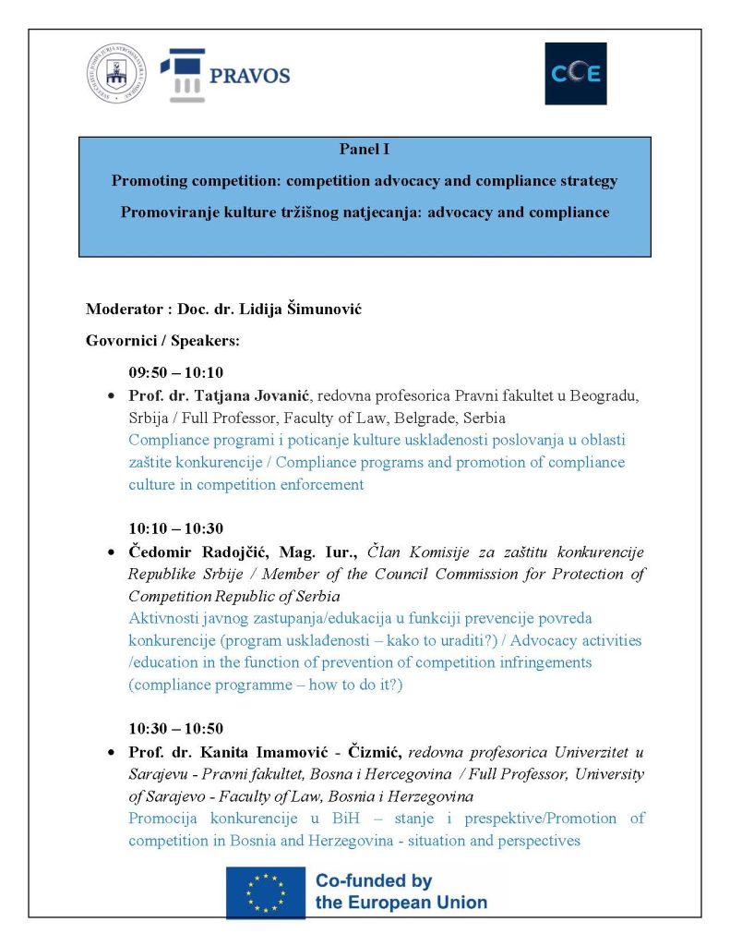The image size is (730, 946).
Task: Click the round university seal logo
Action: [x=116, y=75]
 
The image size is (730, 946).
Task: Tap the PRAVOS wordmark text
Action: [x=249, y=76]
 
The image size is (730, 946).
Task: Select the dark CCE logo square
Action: [x=575, y=74]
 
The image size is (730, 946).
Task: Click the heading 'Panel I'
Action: [x=364, y=151]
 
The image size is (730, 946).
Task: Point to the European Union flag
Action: [x=266, y=892]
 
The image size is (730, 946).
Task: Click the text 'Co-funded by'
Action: [x=374, y=881]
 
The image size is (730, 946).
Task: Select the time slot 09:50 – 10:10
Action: [x=175, y=374]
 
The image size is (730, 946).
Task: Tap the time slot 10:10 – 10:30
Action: [x=175, y=529]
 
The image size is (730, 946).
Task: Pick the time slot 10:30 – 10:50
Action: [x=175, y=729]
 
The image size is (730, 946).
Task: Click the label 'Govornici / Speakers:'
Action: [x=162, y=341]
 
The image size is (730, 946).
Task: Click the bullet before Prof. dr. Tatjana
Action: [x=112, y=397]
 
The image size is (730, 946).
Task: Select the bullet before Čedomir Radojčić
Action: [x=112, y=552]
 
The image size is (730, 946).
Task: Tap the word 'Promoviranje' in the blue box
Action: [x=166, y=212]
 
